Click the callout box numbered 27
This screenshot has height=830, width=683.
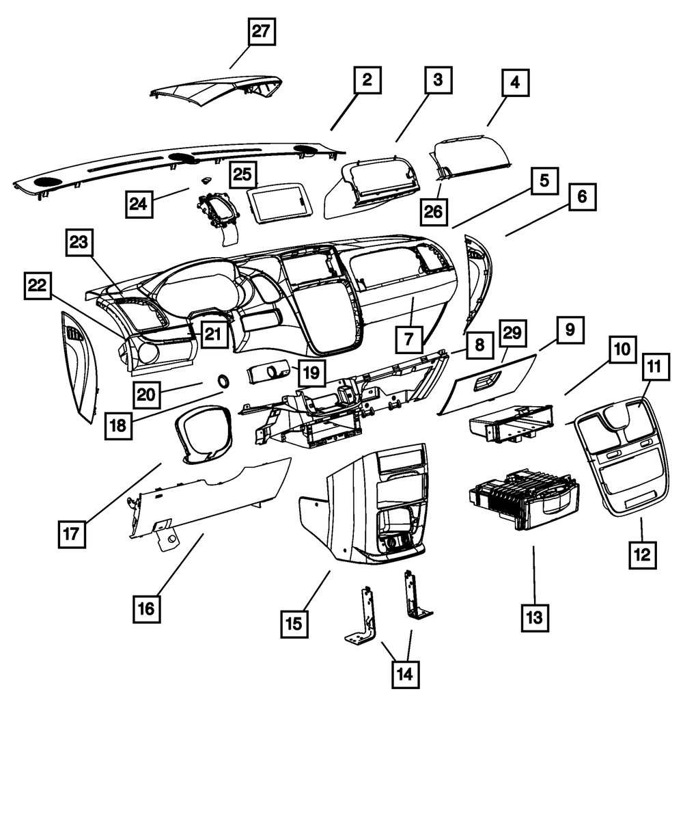click(261, 32)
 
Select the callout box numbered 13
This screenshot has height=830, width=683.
click(533, 617)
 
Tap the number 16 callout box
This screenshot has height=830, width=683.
click(148, 608)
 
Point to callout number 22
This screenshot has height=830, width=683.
click(38, 286)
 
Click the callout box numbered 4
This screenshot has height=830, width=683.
click(515, 83)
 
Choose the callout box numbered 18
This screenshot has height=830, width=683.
click(118, 425)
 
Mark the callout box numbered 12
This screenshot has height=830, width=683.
click(642, 552)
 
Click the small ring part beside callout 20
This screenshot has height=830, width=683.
click(223, 380)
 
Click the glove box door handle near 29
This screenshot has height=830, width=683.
click(486, 383)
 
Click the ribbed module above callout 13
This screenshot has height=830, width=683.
click(522, 496)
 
